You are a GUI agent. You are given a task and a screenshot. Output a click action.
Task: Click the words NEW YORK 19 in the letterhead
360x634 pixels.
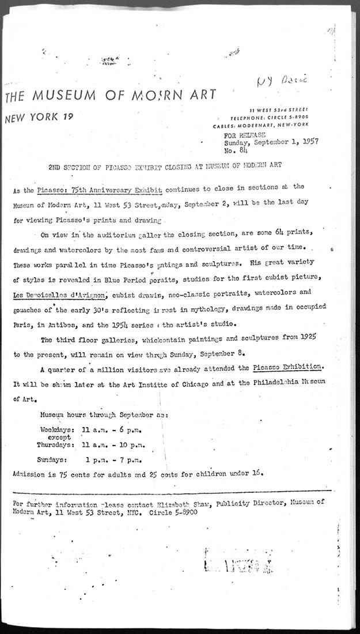tap(39, 118)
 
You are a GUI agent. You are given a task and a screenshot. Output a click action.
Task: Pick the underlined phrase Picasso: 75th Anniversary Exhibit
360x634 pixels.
tap(99, 188)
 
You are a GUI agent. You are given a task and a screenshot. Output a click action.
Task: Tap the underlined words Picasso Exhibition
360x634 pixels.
tap(285, 367)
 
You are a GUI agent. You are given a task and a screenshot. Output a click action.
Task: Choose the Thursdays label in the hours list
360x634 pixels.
tap(55, 445)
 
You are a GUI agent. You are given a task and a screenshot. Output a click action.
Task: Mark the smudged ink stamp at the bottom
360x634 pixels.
tap(237, 560)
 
